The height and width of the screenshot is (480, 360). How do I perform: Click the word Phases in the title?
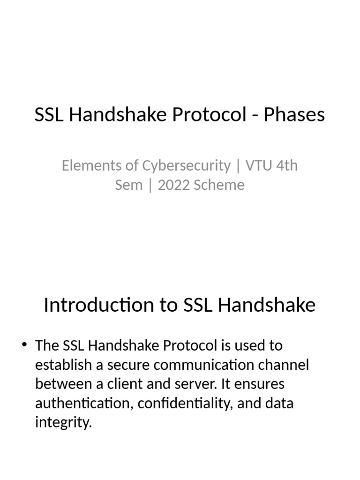point(294,115)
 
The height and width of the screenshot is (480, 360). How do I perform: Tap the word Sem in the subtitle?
point(128,185)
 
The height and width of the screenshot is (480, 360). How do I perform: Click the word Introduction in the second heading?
point(98,306)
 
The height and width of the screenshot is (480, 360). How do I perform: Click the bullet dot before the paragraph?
point(25,345)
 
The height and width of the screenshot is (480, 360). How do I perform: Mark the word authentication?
point(82,404)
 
